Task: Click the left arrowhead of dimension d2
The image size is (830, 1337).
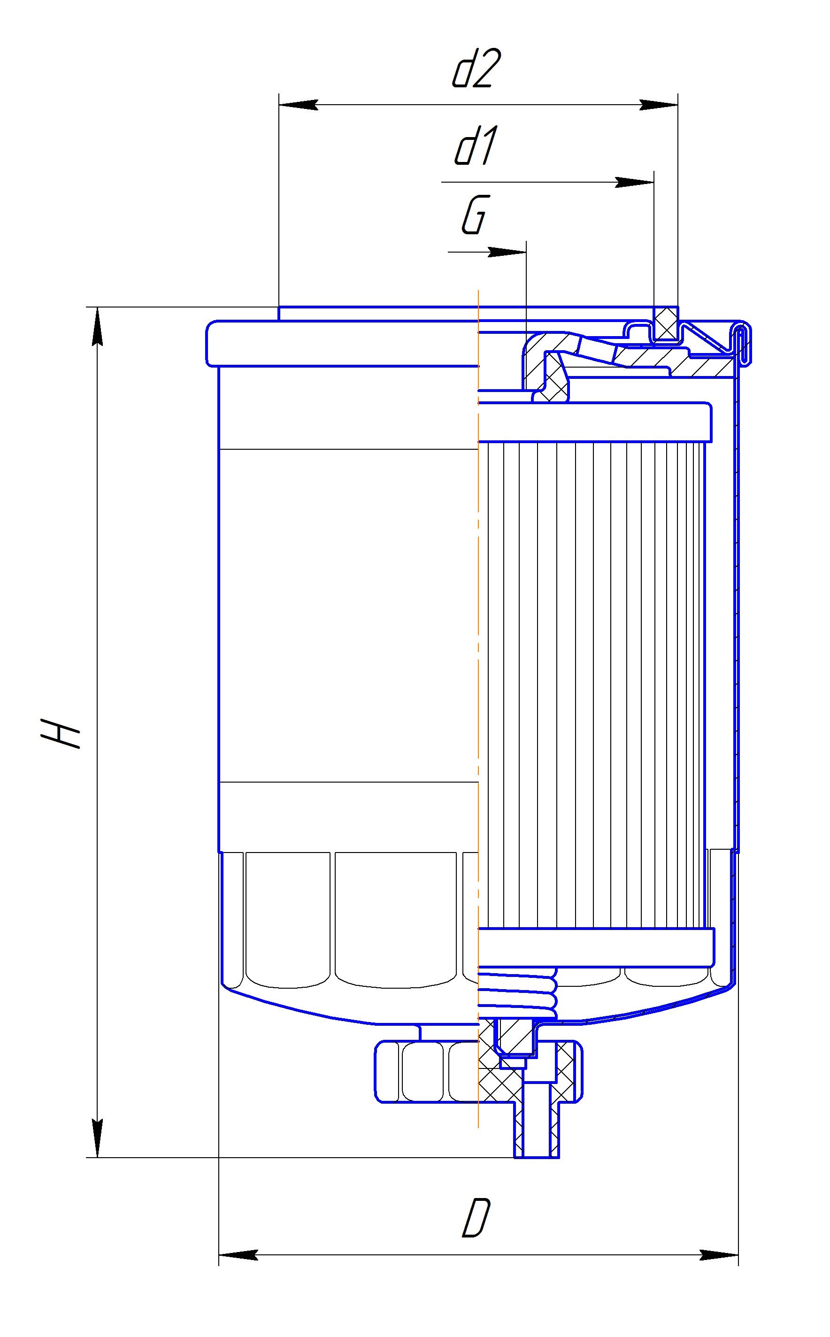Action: [x=299, y=105]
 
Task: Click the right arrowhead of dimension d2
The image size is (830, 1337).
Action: [x=658, y=105]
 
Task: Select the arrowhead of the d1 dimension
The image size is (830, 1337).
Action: [x=635, y=182]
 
